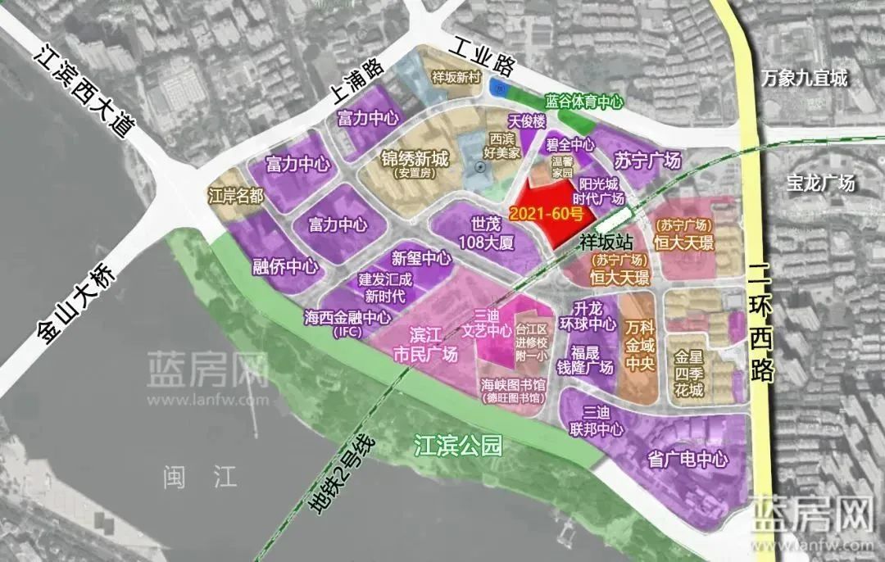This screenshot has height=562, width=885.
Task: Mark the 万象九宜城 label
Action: coord(803,79)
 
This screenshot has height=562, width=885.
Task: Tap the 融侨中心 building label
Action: coord(285,266)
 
